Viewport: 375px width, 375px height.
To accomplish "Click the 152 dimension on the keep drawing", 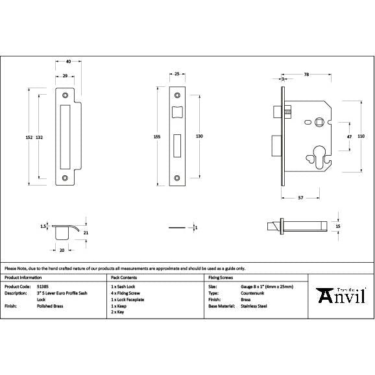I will (x=29, y=138).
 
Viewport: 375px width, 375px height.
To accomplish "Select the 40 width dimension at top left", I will (x=69, y=63).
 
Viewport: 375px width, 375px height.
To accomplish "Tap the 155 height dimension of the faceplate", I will (x=157, y=138).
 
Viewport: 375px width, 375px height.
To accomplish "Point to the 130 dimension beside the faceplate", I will (x=199, y=136).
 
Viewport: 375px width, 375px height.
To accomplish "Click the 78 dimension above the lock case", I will (x=306, y=75).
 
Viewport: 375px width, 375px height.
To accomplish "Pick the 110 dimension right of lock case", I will (x=361, y=136).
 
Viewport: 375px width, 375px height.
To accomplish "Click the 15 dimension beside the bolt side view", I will (x=338, y=226).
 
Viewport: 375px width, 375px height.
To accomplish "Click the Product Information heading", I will (x=25, y=276).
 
